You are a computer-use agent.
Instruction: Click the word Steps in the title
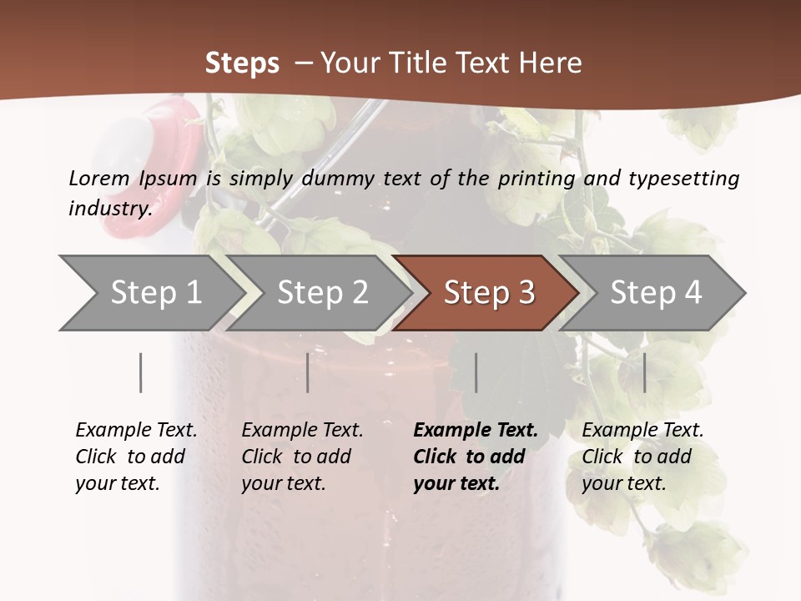click(242, 63)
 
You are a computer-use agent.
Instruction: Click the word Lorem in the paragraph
click(98, 178)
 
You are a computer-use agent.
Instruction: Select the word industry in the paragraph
click(109, 208)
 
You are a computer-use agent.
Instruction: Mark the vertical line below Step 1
click(141, 372)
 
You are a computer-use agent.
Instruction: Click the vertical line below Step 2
click(308, 372)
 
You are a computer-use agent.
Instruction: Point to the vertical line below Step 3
click(476, 372)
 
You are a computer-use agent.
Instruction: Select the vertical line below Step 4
click(644, 372)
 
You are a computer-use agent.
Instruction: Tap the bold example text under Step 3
click(475, 457)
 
